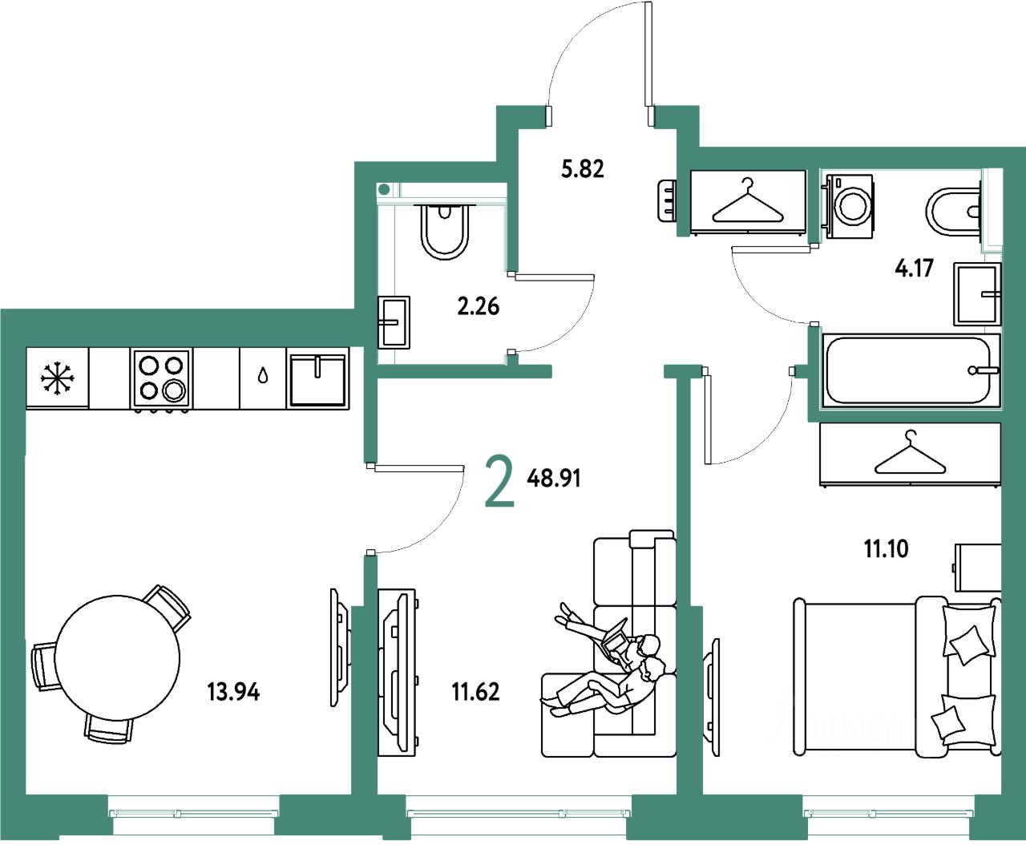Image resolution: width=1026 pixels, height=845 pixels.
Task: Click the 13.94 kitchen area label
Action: coord(233,691)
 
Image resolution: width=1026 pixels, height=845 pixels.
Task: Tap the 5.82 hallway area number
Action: coord(582,169)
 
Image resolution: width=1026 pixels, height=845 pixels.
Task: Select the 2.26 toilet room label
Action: coord(478,305)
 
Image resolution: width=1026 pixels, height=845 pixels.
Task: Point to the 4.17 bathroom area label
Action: coord(914,268)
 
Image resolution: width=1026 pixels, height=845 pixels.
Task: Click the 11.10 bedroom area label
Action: coord(886,549)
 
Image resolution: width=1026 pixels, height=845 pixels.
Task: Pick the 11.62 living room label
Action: coord(475,691)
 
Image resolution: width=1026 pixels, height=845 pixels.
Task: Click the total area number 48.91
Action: coord(554,479)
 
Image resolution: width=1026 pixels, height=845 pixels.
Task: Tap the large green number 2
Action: coord(499,480)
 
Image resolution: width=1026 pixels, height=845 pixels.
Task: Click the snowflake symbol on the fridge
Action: coord(57,378)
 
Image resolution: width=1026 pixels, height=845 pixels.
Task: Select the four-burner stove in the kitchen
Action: coord(162,377)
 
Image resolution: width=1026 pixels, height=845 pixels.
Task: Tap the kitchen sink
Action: coord(317,378)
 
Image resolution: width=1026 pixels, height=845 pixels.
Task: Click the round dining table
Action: coord(117,657)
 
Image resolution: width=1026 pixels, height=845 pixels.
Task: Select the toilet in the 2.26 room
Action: coord(444,232)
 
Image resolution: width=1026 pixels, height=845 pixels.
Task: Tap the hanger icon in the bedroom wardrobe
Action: coord(910,455)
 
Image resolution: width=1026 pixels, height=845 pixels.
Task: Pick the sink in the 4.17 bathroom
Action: coord(977,293)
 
